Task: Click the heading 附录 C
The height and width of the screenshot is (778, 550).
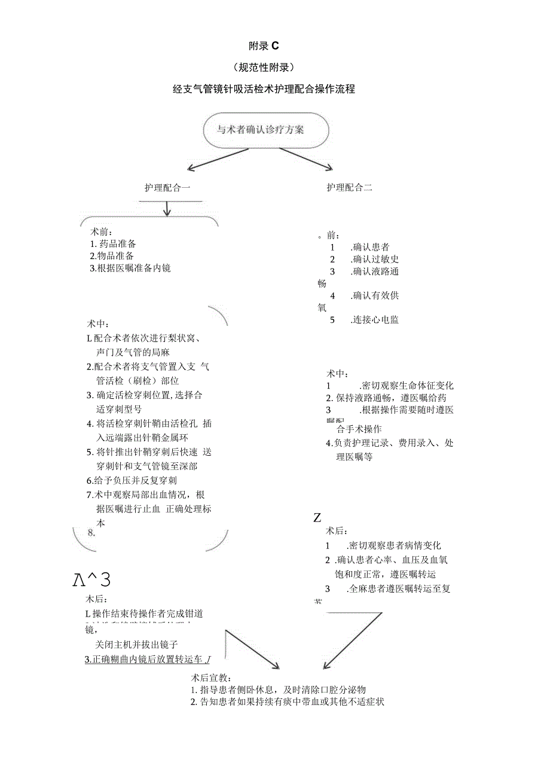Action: coord(264,45)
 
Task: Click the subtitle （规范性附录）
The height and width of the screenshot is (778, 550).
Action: coord(264,67)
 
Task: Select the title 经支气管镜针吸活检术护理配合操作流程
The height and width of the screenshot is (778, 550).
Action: coord(264,89)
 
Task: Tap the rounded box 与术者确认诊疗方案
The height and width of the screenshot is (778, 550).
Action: coord(265,129)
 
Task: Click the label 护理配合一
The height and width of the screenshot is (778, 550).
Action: coord(167,188)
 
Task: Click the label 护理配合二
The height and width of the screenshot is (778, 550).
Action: coord(349,188)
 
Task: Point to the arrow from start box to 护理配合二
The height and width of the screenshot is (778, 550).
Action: coord(305,158)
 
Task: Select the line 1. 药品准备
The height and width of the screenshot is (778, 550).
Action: coord(114,244)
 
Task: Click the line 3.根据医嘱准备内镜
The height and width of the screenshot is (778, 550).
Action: coord(130,269)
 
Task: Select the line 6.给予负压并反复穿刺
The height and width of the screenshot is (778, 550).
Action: coord(132,480)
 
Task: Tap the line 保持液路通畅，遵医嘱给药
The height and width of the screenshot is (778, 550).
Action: coord(386,398)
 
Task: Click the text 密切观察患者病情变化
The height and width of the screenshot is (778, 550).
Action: coord(395,545)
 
